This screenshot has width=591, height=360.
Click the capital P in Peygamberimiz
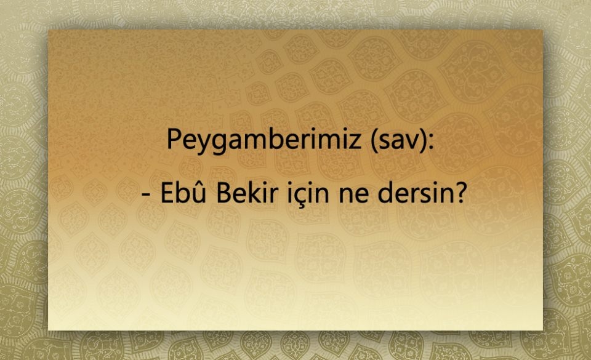172,139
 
